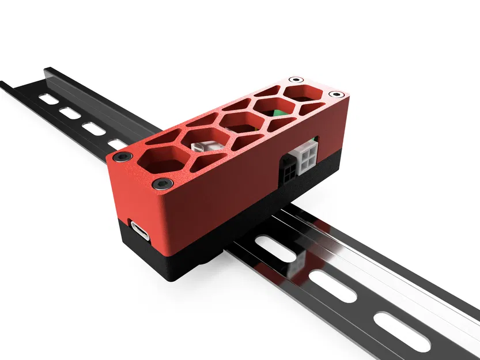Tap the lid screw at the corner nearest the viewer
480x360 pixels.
pos(162,184)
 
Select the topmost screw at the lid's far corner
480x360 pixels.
pos(296,79)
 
